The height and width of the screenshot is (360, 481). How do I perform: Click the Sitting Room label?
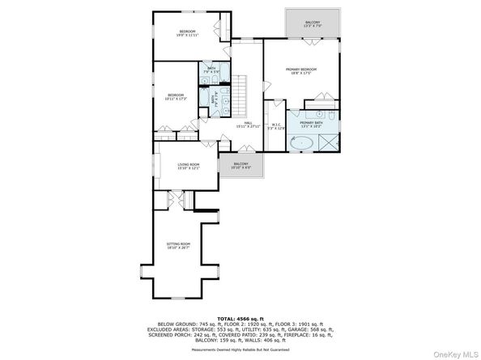(x=178, y=245)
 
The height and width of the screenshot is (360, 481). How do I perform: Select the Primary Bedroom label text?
(x=300, y=71)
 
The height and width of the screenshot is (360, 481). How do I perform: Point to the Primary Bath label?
(x=311, y=124)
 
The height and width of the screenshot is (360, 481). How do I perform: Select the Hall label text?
(x=240, y=125)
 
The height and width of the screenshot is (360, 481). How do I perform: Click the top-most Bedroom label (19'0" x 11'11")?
(x=188, y=33)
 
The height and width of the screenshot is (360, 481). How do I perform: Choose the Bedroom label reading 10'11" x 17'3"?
(x=177, y=97)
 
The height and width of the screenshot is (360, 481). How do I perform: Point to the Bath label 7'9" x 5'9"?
(x=211, y=70)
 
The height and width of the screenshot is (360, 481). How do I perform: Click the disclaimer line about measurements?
(x=240, y=349)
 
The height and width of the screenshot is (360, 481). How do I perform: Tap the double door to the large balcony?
(x=313, y=40)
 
